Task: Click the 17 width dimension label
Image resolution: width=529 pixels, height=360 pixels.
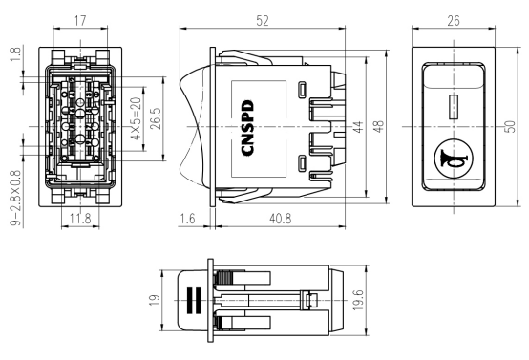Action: pyautogui.click(x=80, y=21)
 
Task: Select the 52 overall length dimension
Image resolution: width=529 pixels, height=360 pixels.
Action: pyautogui.click(x=263, y=21)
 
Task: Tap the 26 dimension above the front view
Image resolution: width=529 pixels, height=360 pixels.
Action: pyautogui.click(x=454, y=21)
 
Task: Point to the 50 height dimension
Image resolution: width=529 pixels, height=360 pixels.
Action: pyautogui.click(x=511, y=126)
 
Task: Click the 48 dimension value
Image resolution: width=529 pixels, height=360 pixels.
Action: pyautogui.click(x=379, y=126)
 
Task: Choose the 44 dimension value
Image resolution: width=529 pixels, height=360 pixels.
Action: pyautogui.click(x=358, y=126)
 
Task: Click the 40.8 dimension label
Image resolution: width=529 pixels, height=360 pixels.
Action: pyautogui.click(x=281, y=219)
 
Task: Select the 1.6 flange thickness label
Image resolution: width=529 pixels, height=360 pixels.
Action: pyautogui.click(x=187, y=219)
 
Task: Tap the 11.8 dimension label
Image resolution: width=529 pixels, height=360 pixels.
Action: pyautogui.click(x=80, y=219)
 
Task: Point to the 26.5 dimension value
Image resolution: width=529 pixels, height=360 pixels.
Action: pyautogui.click(x=156, y=118)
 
